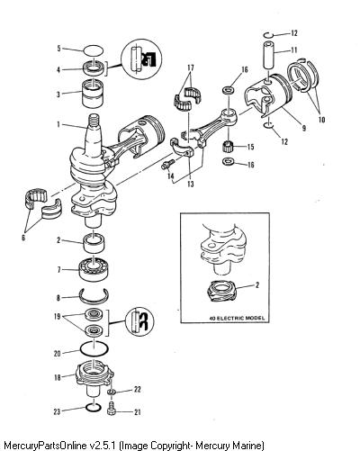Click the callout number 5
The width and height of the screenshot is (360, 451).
pos(59,48)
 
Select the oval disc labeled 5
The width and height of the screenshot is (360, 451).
pos(94,50)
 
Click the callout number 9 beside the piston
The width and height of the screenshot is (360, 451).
pos(304,128)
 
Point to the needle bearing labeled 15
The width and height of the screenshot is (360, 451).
pos(229,147)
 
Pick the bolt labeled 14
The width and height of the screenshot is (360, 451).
pos(168,164)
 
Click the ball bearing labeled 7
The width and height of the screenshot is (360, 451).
pos(94,268)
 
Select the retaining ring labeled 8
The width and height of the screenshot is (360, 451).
pos(94,295)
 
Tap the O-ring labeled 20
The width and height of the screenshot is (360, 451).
pos(94,348)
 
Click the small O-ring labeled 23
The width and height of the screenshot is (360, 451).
pos(94,408)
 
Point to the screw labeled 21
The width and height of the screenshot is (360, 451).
pos(112,409)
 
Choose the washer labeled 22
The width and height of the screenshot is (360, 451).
pos(112,392)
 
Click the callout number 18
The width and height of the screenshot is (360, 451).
pos(58,377)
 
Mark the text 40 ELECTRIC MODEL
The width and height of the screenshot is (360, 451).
pos(238,318)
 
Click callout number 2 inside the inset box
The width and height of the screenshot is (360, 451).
pos(257,284)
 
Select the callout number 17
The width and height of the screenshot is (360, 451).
pos(191,68)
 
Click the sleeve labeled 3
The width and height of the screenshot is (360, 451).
pos(94,93)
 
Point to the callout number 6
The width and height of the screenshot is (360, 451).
pos(23,238)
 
